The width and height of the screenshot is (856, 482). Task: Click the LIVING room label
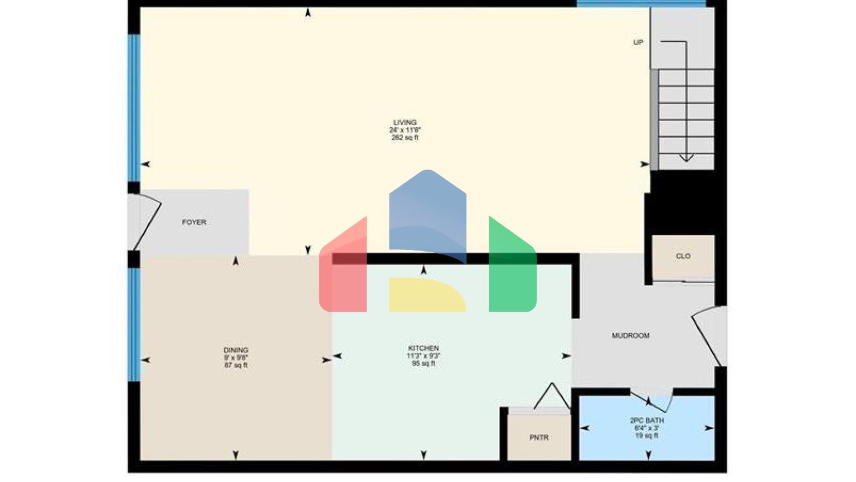tap(405, 123)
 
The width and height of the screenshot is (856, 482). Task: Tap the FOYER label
tap(194, 223)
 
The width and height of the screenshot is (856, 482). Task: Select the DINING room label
tap(236, 350)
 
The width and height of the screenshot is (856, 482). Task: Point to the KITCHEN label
tap(424, 348)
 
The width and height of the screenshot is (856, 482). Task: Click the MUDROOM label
tap(630, 336)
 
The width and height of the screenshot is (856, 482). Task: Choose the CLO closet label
tap(683, 257)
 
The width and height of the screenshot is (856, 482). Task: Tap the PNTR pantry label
tap(539, 438)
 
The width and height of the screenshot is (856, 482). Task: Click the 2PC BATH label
tap(646, 421)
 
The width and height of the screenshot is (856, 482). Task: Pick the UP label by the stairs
tap(638, 42)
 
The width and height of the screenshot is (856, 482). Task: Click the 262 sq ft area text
tap(405, 138)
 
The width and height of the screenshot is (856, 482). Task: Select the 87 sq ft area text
tap(236, 365)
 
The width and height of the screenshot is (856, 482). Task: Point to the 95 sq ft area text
tap(424, 364)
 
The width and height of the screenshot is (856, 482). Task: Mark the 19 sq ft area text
tap(646, 436)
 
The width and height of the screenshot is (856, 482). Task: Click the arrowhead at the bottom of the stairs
tap(686, 158)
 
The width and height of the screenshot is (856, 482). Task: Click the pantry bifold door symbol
tap(552, 396)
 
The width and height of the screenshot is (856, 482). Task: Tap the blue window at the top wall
tap(641, 3)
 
